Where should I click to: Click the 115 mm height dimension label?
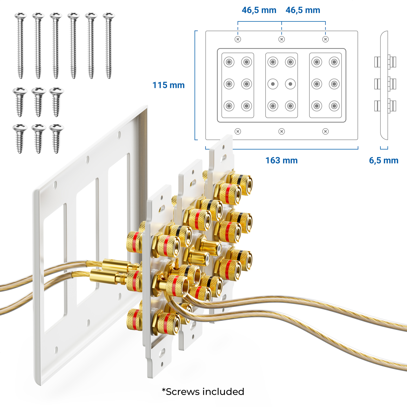click(168, 85)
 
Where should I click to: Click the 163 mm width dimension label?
click(281, 160)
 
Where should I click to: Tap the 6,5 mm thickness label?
click(383, 160)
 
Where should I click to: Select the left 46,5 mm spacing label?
click(259, 10)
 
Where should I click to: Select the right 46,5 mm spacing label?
click(303, 10)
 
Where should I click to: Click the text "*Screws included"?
click(203, 392)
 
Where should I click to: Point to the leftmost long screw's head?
click(21, 16)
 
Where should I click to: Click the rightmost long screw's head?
click(109, 16)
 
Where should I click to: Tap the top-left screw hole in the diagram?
click(238, 39)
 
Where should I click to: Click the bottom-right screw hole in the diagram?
click(325, 132)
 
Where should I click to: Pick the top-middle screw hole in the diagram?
click(282, 39)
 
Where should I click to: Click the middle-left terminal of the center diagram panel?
click(273, 84)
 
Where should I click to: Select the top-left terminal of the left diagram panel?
click(229, 62)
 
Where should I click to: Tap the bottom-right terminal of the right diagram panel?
click(334, 106)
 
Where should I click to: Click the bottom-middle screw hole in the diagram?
click(282, 132)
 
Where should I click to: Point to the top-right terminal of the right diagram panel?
click(334, 62)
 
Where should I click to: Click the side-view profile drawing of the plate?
click(384, 85)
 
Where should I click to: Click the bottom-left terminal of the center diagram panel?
click(273, 106)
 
